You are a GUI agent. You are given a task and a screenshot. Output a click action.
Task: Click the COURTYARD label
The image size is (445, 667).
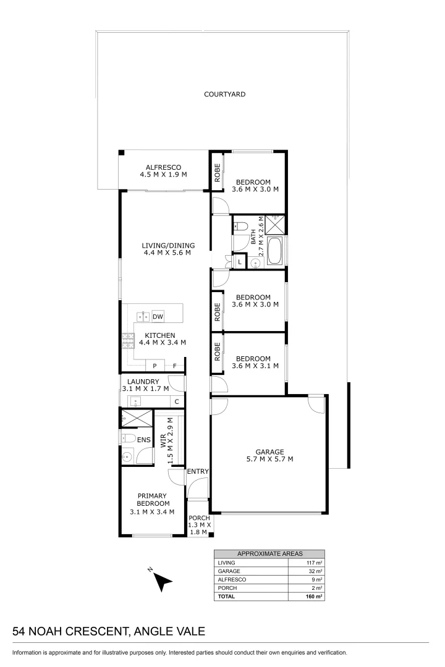pos(225,94)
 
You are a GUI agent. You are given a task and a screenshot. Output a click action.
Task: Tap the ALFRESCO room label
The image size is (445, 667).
pos(163,171)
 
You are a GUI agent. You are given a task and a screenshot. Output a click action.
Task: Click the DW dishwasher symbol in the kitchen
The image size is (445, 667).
pos(158,317)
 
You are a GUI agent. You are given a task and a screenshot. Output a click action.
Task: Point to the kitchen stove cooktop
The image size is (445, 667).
pos(128,338)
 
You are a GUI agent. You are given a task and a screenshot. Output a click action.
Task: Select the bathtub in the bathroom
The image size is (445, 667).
pos(276,251)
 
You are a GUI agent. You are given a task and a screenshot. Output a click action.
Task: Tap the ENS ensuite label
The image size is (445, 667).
pos(144,439)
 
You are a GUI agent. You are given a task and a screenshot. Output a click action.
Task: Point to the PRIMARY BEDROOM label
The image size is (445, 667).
pos(151,503)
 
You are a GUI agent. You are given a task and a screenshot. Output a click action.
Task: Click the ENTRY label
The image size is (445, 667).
pos(198,472)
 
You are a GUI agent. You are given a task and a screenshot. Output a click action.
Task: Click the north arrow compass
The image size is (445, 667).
pos(163,581)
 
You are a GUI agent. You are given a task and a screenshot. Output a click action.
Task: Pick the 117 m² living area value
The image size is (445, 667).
pos(315,563)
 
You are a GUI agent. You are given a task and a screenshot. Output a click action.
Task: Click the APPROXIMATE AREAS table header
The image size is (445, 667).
pos(269,554)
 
